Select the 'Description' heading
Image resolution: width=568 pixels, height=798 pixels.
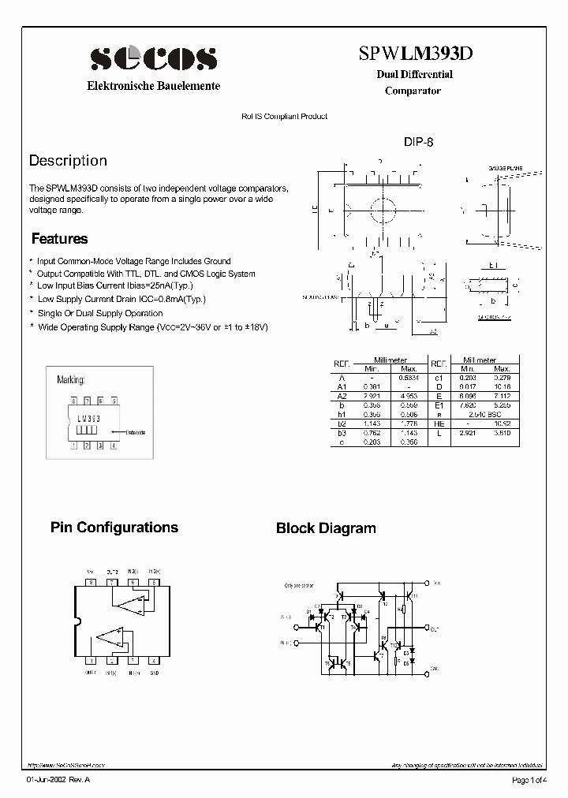pyautogui.click(x=68, y=161)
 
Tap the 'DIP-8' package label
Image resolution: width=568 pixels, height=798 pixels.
pyautogui.click(x=419, y=143)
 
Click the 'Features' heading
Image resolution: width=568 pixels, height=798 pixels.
pyautogui.click(x=59, y=239)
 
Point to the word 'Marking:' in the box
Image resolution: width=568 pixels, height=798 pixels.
pyautogui.click(x=71, y=380)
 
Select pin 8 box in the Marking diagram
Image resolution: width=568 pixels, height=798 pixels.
pyautogui.click(x=73, y=401)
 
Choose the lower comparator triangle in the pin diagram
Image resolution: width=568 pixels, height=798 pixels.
pyautogui.click(x=113, y=639)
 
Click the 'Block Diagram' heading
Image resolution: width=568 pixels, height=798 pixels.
pyautogui.click(x=326, y=528)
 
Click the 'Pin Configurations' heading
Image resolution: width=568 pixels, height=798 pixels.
pyautogui.click(x=114, y=528)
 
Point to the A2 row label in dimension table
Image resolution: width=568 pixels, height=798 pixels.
pyautogui.click(x=342, y=395)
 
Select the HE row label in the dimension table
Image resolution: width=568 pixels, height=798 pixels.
pyautogui.click(x=438, y=422)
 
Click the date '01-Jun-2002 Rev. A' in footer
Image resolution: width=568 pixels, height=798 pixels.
pyautogui.click(x=59, y=780)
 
